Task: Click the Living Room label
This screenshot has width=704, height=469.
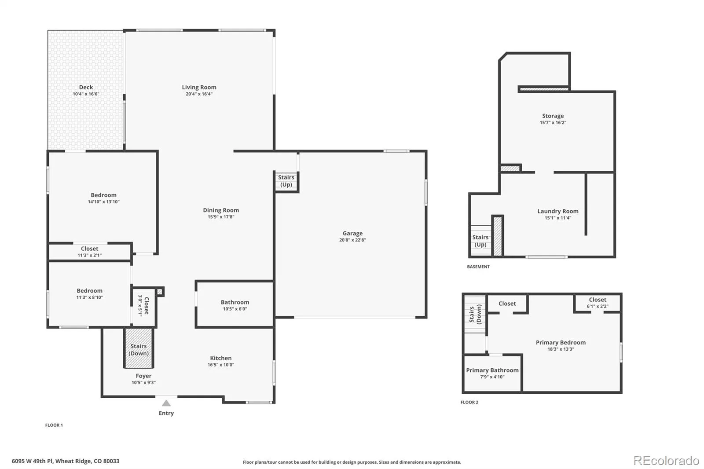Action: click(x=199, y=87)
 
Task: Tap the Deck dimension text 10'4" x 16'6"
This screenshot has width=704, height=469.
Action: click(x=86, y=94)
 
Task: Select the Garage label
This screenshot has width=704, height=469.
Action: click(x=352, y=233)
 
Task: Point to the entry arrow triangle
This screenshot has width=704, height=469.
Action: click(x=166, y=403)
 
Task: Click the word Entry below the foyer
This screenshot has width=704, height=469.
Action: click(x=166, y=413)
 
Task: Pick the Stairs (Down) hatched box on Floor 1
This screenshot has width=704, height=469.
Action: click(x=139, y=348)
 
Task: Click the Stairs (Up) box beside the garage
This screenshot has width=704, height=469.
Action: click(x=286, y=181)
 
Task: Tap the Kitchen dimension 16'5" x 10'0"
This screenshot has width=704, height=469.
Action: click(x=220, y=365)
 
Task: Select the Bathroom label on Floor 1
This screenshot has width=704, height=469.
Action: click(x=235, y=302)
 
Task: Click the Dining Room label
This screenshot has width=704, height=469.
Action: click(x=220, y=210)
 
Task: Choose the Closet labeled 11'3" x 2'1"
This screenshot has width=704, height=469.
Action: click(x=90, y=252)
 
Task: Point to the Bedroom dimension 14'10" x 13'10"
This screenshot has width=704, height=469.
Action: click(x=103, y=202)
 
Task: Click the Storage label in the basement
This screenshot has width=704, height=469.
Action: click(x=553, y=116)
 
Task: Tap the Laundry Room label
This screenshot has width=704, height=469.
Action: click(x=558, y=211)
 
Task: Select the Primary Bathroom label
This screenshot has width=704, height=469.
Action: click(x=492, y=370)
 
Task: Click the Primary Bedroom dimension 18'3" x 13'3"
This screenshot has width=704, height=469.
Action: click(x=561, y=349)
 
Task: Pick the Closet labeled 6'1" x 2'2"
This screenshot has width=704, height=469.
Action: click(x=598, y=303)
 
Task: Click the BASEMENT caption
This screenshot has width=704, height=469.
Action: click(x=478, y=267)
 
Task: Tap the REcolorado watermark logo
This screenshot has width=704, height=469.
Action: click(x=666, y=461)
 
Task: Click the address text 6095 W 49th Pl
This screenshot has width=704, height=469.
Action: click(x=33, y=461)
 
